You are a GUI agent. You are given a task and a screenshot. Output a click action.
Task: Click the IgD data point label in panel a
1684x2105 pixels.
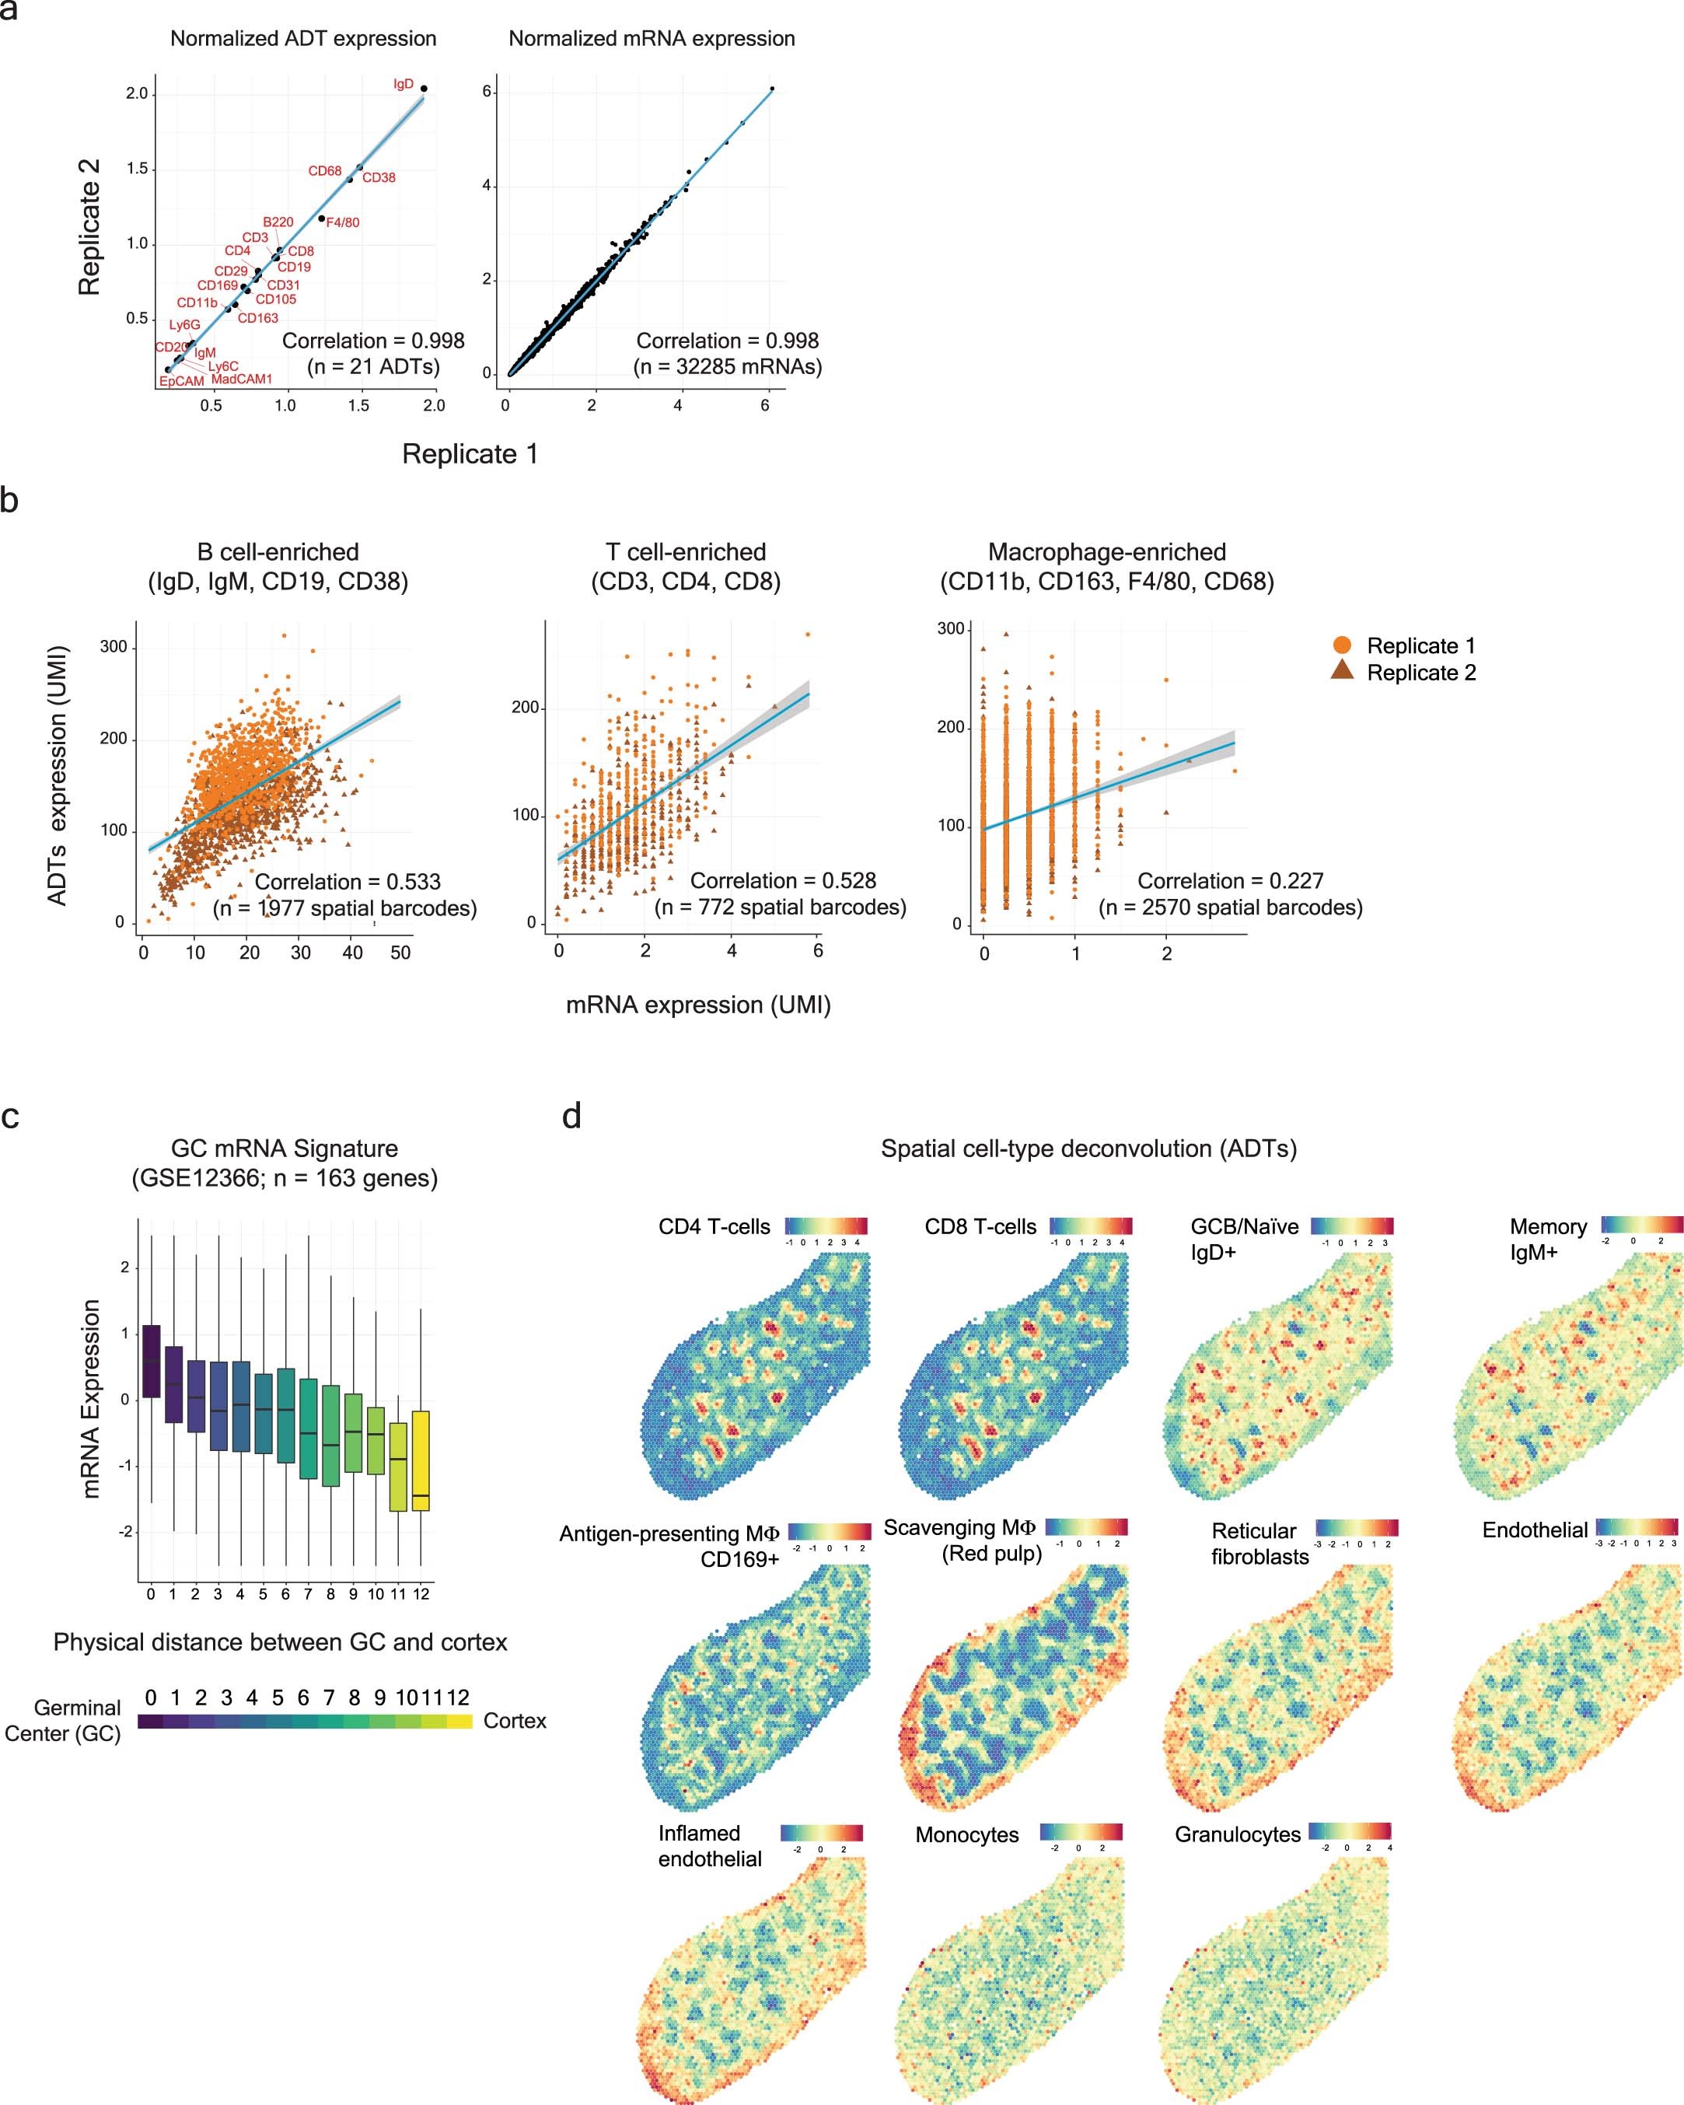[x=404, y=84]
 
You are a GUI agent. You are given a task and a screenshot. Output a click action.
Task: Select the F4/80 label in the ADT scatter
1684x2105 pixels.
[x=341, y=222]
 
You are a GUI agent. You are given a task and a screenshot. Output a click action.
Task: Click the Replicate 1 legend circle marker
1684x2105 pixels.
[x=1343, y=645]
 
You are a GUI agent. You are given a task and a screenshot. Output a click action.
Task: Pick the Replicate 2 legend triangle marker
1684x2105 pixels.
[x=1343, y=672]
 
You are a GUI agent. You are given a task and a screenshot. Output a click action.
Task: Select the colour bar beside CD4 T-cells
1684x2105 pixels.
[x=826, y=1226]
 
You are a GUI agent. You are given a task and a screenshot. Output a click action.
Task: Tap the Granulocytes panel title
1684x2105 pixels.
[x=1237, y=1834]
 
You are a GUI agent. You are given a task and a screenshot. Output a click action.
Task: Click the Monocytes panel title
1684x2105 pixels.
[x=966, y=1834]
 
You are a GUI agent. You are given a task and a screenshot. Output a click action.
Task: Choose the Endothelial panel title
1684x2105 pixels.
[x=1535, y=1530]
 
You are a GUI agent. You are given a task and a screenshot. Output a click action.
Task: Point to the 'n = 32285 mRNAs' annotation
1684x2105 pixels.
[x=727, y=366]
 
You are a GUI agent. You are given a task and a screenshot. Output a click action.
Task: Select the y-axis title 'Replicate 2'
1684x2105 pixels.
[x=90, y=226]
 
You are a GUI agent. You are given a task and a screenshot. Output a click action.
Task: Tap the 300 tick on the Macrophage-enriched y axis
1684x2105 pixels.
[x=950, y=629]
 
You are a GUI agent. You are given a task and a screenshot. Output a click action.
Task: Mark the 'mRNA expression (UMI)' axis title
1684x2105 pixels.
[x=698, y=1005]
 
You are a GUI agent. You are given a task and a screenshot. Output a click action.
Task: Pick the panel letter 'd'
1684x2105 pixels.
[x=572, y=1115]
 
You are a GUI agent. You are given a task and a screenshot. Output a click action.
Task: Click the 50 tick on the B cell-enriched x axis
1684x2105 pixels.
[x=400, y=952]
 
